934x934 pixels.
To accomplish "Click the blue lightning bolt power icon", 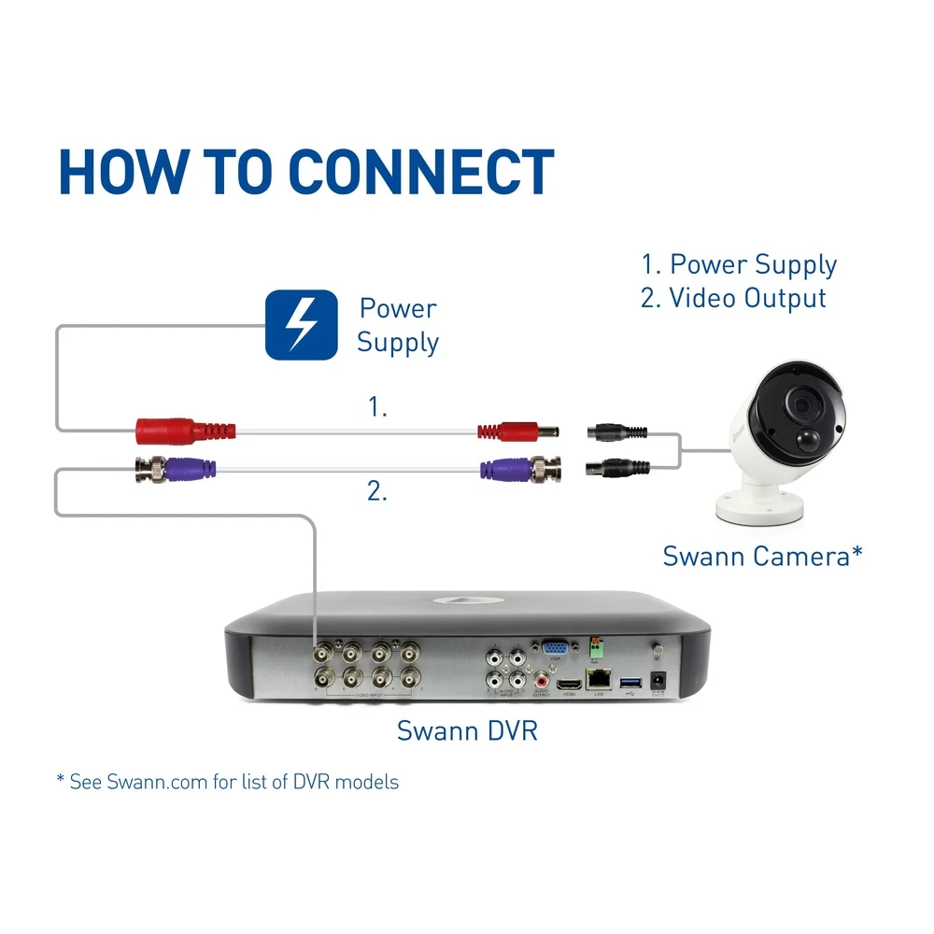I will [300, 324].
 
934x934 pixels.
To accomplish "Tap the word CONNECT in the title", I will [420, 172].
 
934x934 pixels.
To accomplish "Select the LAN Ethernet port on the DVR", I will [598, 681].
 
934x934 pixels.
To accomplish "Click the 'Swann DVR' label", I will [467, 730].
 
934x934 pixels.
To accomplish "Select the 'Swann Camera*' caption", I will [762, 556].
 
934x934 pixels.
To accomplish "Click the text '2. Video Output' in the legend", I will [733, 298].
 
